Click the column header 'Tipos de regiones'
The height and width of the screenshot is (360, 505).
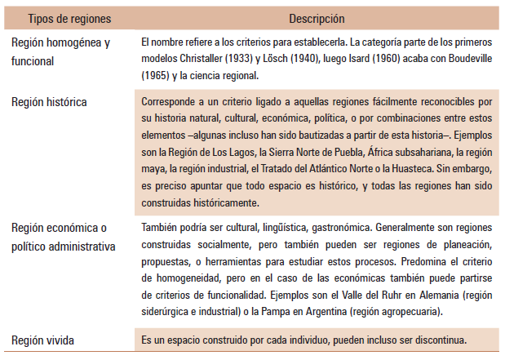point(69,17)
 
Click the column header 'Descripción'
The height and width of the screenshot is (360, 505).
point(316,17)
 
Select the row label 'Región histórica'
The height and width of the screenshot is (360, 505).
point(50,102)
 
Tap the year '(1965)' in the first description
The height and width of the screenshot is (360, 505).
point(157,75)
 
